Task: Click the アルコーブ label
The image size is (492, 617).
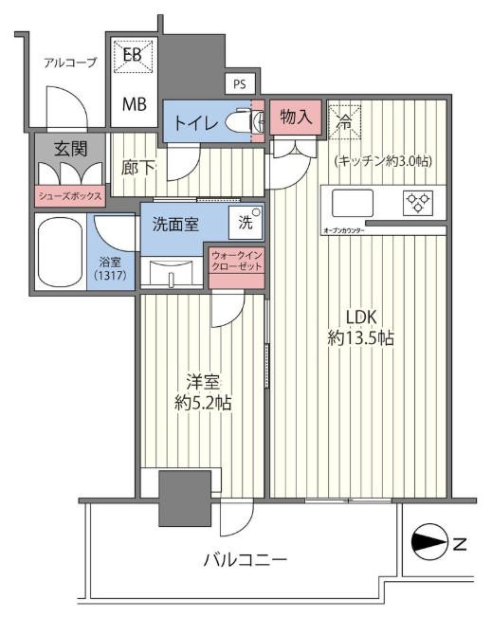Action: coord(70,63)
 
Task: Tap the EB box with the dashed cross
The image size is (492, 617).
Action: coord(133,56)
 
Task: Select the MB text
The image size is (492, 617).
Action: coord(135,104)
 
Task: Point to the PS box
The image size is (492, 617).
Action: coord(240,83)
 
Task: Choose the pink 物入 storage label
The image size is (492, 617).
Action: coord(296,117)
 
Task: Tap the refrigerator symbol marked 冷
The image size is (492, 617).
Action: coord(344,121)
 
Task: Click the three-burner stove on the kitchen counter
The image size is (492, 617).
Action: coord(418,203)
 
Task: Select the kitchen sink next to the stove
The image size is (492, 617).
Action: coord(353,203)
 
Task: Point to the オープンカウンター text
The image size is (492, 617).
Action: coord(344,230)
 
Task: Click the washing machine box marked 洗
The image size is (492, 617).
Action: coord(246,223)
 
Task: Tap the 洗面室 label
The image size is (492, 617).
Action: coord(175,225)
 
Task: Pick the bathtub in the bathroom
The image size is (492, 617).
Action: coord(61,252)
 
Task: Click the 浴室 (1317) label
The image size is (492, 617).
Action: coord(110,268)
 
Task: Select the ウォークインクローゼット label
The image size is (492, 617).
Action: coord(237,262)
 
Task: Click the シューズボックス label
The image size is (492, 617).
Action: coord(70,196)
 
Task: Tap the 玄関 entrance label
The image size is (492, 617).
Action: coord(70,149)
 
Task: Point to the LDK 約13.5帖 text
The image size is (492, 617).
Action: coord(361,327)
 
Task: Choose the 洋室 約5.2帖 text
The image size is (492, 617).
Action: coord(203,392)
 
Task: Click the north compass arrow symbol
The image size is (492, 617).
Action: coord(429,545)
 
